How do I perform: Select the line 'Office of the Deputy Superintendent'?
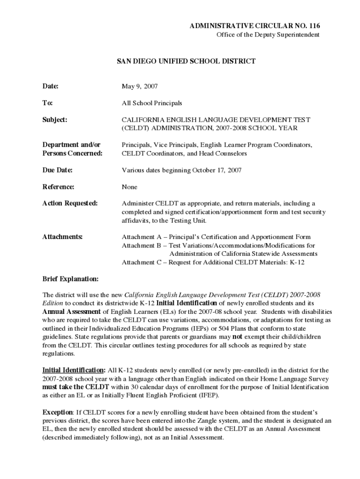(x=267, y=35)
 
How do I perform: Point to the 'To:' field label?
(x=48, y=103)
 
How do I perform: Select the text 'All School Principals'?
(x=152, y=103)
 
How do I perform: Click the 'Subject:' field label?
(x=55, y=120)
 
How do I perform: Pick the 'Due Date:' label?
(x=58, y=170)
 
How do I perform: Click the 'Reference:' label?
(x=58, y=187)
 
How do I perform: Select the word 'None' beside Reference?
(x=130, y=187)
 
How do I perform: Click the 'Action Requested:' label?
(x=70, y=203)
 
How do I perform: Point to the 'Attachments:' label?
(x=63, y=237)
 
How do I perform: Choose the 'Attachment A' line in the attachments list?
(x=216, y=237)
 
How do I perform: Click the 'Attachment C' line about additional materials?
(x=213, y=262)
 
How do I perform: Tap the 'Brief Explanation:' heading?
(x=71, y=279)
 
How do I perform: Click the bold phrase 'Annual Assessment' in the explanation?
(x=72, y=312)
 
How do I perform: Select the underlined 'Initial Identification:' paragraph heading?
(x=74, y=370)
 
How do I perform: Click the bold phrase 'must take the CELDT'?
(x=76, y=387)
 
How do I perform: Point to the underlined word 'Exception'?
(x=58, y=413)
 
